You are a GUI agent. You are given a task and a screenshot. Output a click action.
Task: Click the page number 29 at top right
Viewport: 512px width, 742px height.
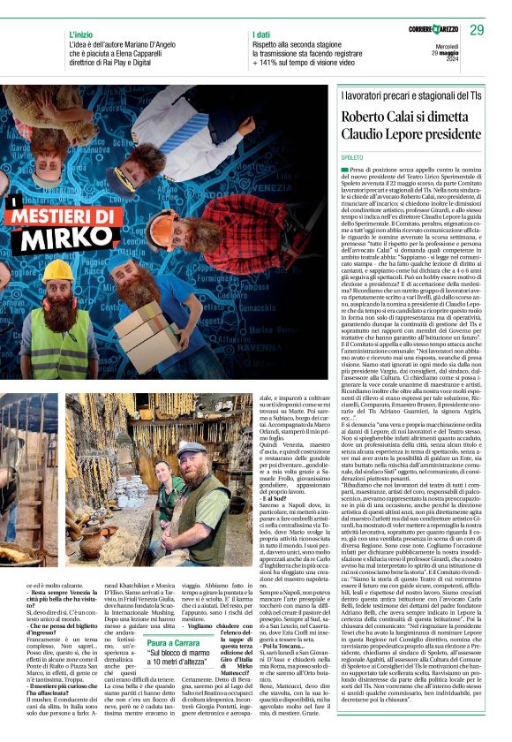pyautogui.click(x=477, y=31)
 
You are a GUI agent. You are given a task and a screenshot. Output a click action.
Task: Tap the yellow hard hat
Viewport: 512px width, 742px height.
pyautogui.click(x=57, y=269)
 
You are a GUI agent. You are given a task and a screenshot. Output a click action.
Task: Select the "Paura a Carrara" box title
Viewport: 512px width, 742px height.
pyautogui.click(x=175, y=619)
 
